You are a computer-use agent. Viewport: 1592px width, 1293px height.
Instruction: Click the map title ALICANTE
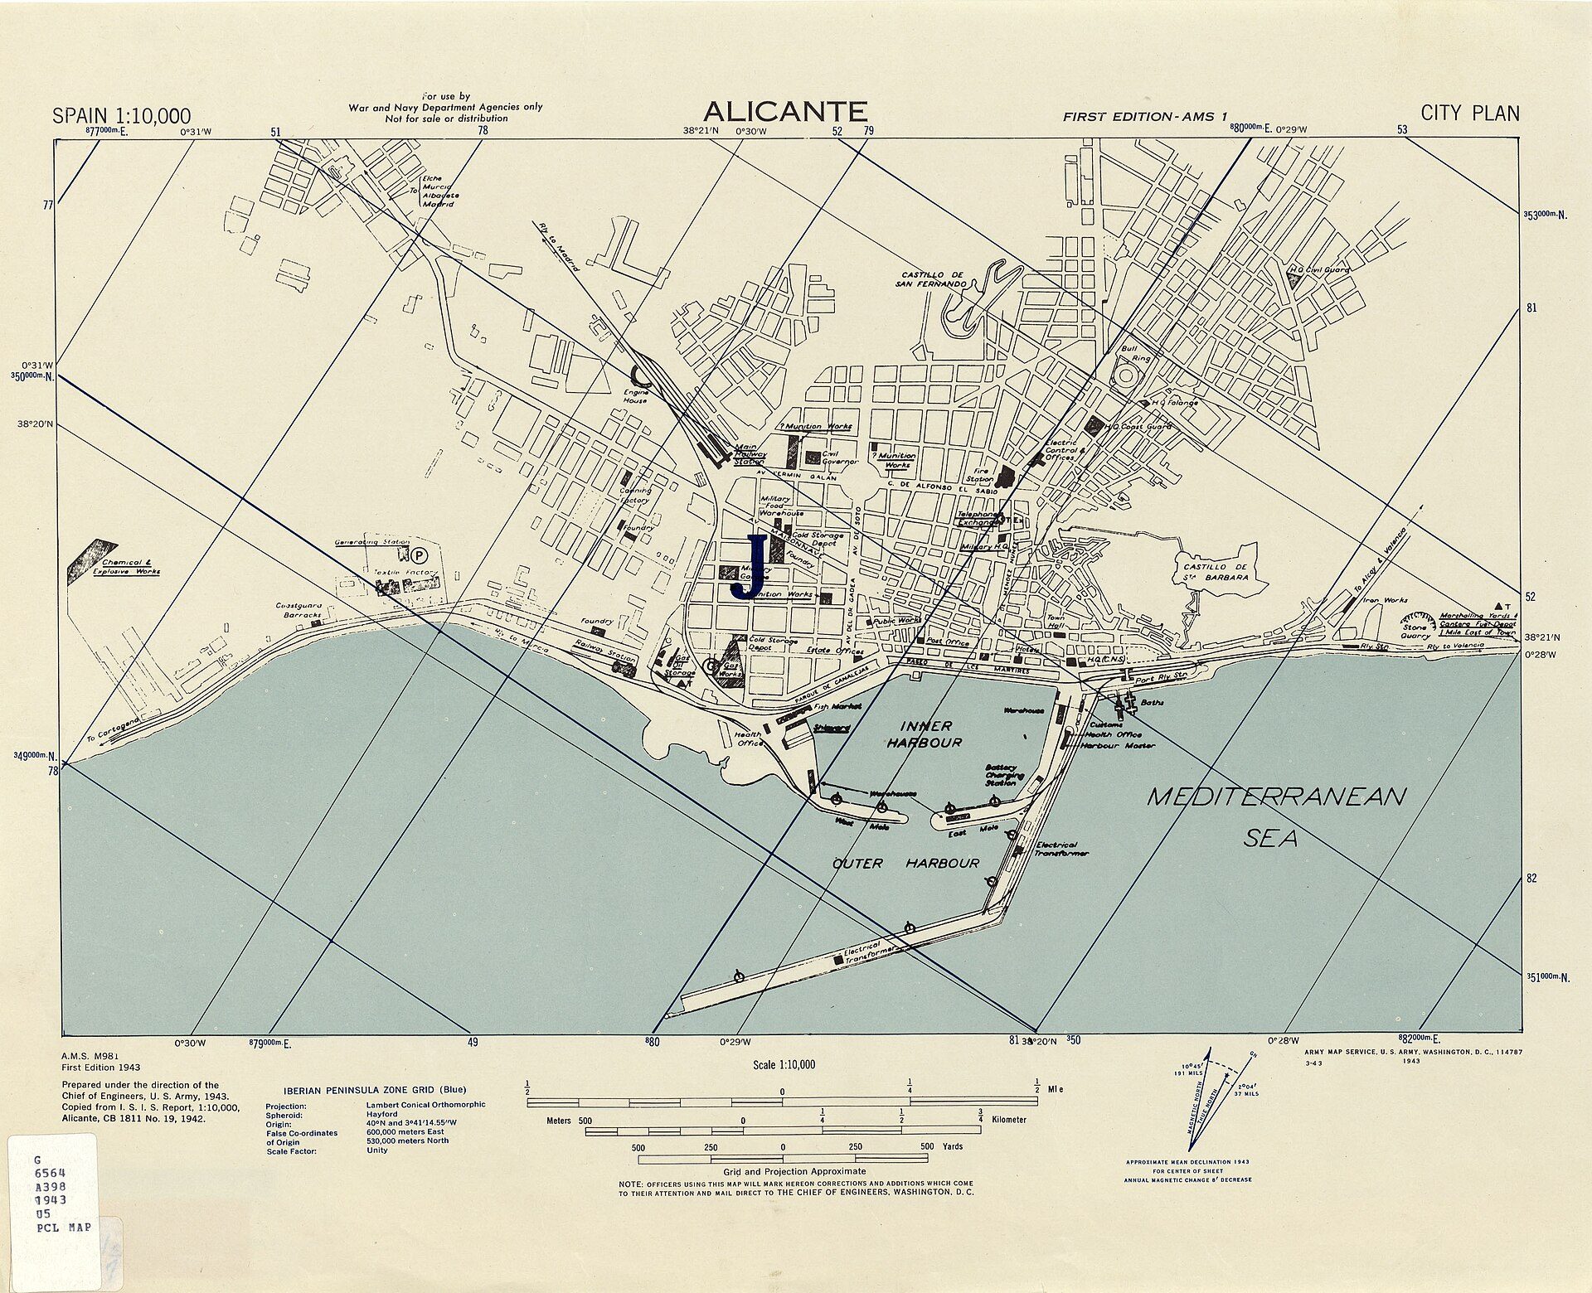pyautogui.click(x=784, y=111)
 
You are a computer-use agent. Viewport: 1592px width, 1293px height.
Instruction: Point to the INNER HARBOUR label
pyautogui.click(x=925, y=734)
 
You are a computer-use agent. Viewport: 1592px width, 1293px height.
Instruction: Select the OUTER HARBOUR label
pyautogui.click(x=905, y=864)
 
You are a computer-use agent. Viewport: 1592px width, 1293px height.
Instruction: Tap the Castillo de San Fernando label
pyautogui.click(x=930, y=279)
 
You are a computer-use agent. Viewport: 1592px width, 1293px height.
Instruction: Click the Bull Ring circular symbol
pyautogui.click(x=1127, y=377)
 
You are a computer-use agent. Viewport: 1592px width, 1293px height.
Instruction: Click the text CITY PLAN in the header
pyautogui.click(x=1469, y=114)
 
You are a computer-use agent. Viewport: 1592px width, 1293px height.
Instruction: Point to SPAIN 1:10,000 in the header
pyautogui.click(x=121, y=116)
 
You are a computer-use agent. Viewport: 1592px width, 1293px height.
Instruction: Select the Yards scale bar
pyautogui.click(x=784, y=1159)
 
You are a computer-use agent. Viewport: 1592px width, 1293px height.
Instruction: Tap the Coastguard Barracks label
pyautogui.click(x=299, y=610)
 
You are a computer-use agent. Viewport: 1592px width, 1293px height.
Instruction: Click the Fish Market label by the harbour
pyautogui.click(x=837, y=706)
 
